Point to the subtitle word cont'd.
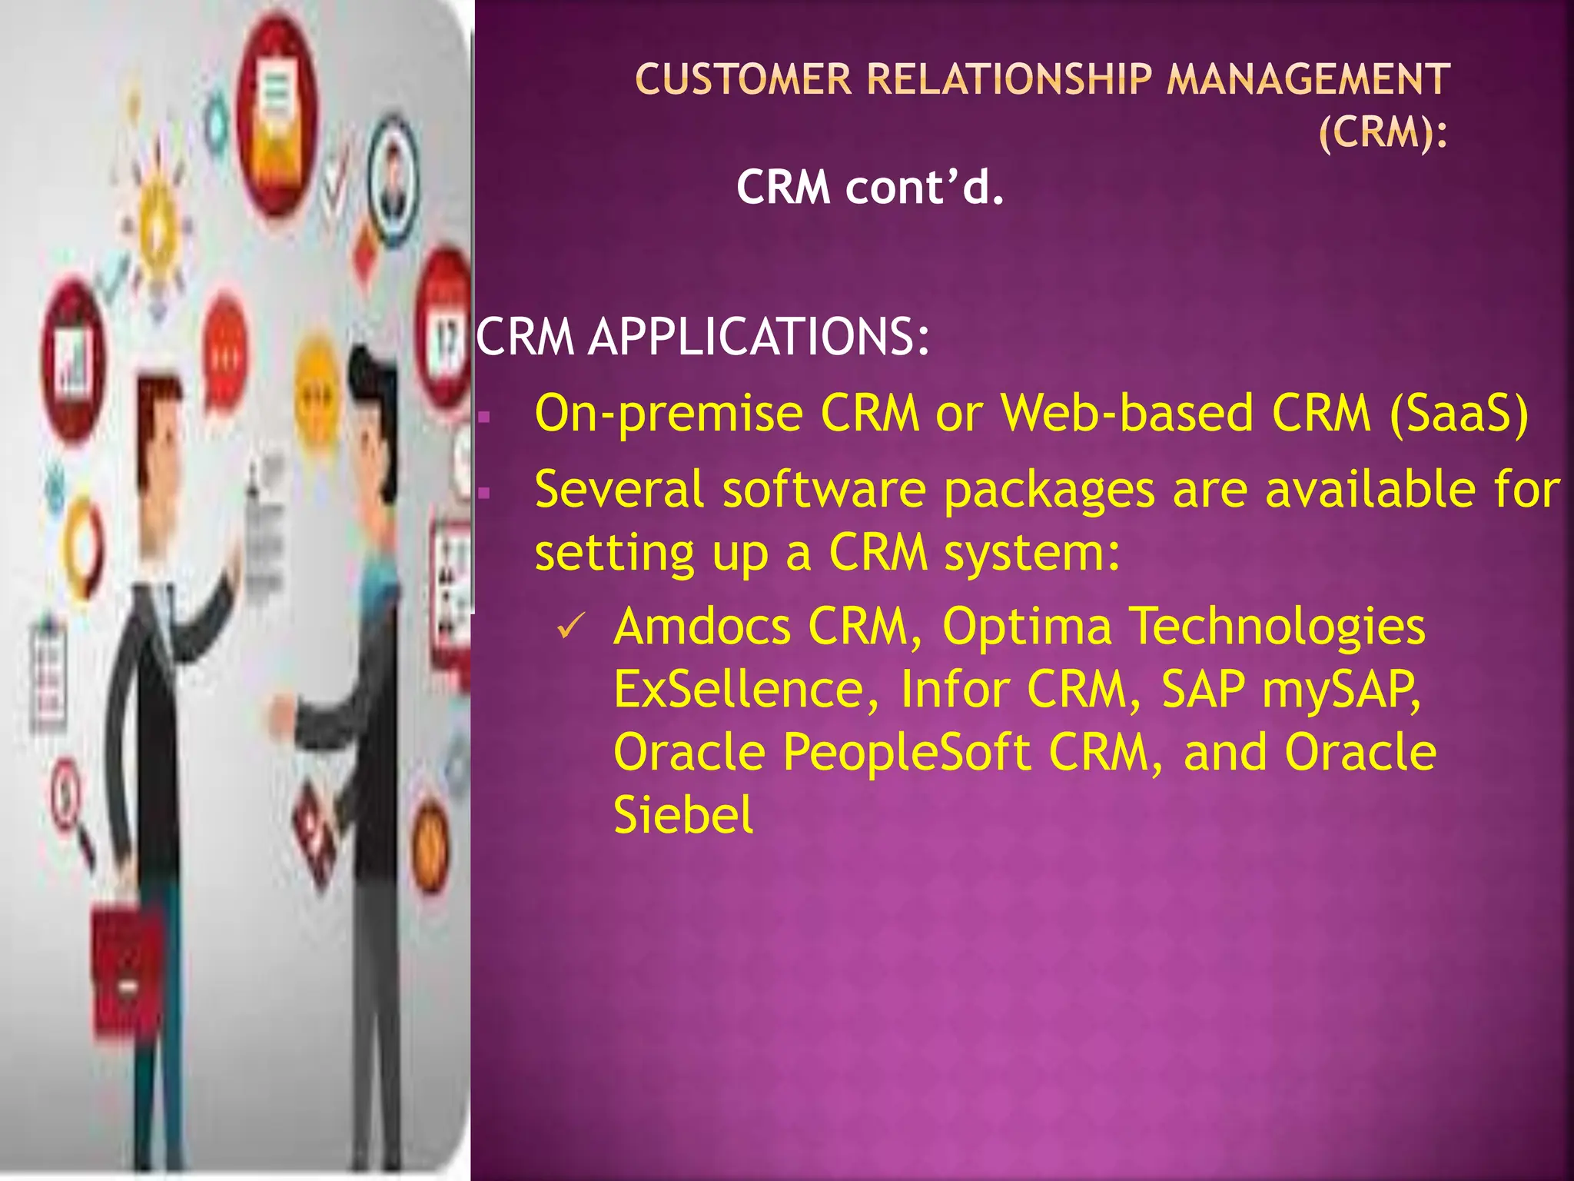click(x=925, y=187)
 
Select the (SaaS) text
click(x=1459, y=414)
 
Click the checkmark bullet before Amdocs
click(x=572, y=627)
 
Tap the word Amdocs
click(x=702, y=627)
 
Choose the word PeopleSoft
click(x=907, y=752)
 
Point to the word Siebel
click(x=682, y=815)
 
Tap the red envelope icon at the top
click(x=276, y=115)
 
